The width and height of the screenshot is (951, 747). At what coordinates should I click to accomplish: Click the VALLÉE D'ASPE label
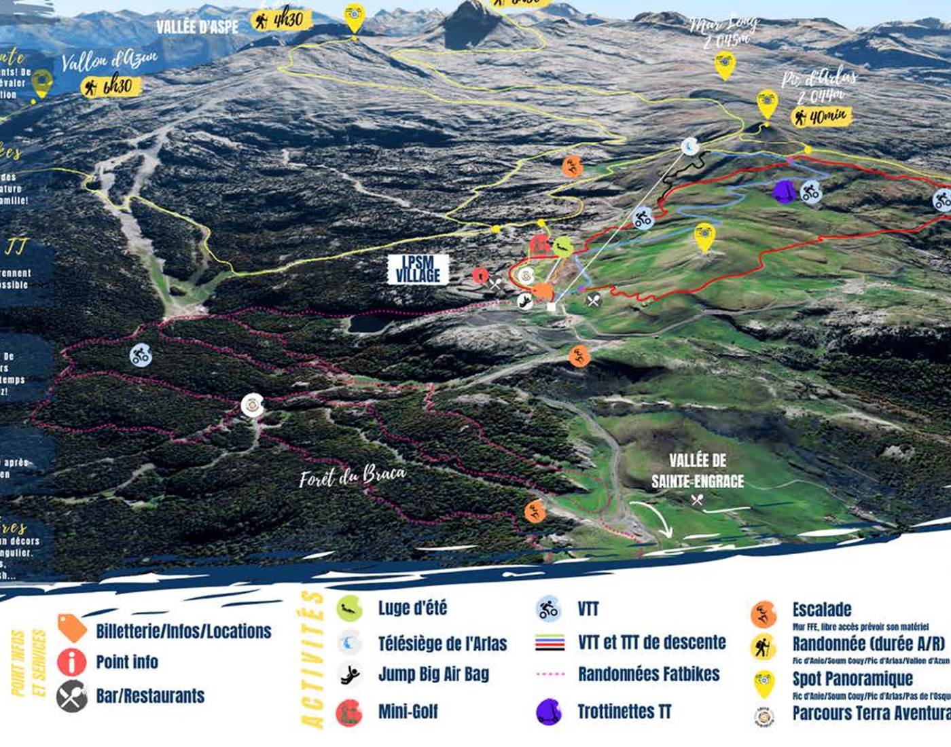tap(197, 26)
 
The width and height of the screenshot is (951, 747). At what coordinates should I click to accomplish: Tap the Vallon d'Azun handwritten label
tap(109, 60)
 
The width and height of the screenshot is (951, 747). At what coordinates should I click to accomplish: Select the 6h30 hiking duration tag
tap(111, 86)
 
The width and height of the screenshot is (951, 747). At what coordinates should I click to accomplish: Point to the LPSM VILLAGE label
tap(418, 269)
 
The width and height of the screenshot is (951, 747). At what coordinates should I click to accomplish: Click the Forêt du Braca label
tap(353, 475)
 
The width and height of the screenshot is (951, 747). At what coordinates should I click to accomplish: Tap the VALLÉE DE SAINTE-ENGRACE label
tap(698, 471)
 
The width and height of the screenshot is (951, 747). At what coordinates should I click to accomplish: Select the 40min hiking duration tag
tap(823, 117)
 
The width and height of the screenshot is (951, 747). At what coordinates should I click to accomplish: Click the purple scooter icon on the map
tap(785, 191)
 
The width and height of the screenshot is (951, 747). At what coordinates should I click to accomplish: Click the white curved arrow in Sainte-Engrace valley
tap(652, 517)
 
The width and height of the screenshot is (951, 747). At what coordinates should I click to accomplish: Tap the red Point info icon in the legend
tap(72, 662)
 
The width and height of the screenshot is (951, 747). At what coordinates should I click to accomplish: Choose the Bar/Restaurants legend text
tap(150, 696)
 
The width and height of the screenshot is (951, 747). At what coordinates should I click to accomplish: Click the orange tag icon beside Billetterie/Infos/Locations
tap(72, 627)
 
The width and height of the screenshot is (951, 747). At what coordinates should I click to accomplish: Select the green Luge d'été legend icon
tap(349, 608)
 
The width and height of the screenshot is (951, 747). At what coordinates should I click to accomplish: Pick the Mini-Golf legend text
tap(408, 712)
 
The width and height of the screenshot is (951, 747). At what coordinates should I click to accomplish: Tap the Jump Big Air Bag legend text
tap(433, 674)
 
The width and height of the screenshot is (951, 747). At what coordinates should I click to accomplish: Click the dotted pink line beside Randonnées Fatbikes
tap(550, 674)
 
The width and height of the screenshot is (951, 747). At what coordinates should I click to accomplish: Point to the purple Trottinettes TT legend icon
tap(549, 711)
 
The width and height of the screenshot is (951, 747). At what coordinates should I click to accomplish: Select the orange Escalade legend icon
tap(764, 614)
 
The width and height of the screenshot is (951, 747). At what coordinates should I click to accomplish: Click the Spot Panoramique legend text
tap(853, 678)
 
